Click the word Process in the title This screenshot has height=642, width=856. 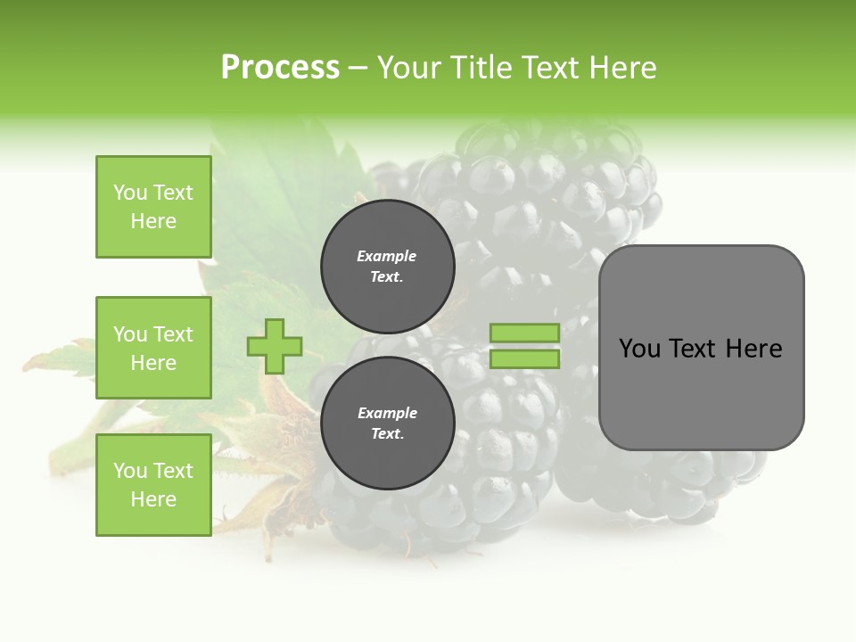280,68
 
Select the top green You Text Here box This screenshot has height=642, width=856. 153,207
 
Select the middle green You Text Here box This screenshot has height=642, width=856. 153,348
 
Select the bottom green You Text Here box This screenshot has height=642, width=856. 153,485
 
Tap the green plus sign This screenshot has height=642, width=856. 275,346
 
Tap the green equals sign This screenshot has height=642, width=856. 524,346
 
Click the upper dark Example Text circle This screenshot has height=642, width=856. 387,266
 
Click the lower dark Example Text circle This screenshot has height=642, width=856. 387,423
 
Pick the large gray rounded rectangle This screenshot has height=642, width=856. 701,347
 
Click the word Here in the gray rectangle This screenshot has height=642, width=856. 753,349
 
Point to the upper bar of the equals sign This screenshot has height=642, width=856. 524,333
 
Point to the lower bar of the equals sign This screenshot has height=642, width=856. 524,359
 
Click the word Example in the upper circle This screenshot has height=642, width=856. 387,256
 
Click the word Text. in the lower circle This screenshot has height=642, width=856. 387,433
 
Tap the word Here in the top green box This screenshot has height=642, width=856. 153,221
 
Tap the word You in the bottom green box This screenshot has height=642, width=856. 129,471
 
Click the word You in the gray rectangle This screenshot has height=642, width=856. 639,349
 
